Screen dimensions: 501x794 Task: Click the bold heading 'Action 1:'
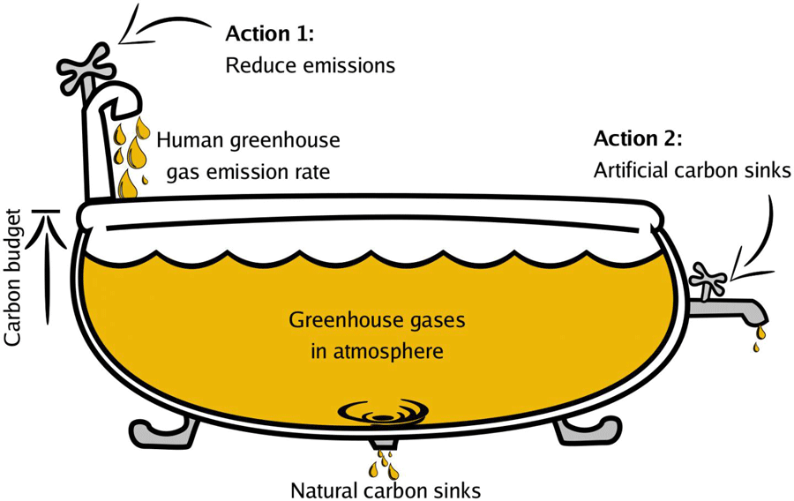click(270, 34)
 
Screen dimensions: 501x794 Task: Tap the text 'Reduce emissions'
click(310, 65)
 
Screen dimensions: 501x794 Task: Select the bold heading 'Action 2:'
click(638, 138)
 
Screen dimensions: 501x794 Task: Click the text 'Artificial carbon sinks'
click(692, 170)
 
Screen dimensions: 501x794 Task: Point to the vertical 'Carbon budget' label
click(14, 278)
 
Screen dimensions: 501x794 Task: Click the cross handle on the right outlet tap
click(709, 280)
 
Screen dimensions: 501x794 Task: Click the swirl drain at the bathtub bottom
click(385, 411)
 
